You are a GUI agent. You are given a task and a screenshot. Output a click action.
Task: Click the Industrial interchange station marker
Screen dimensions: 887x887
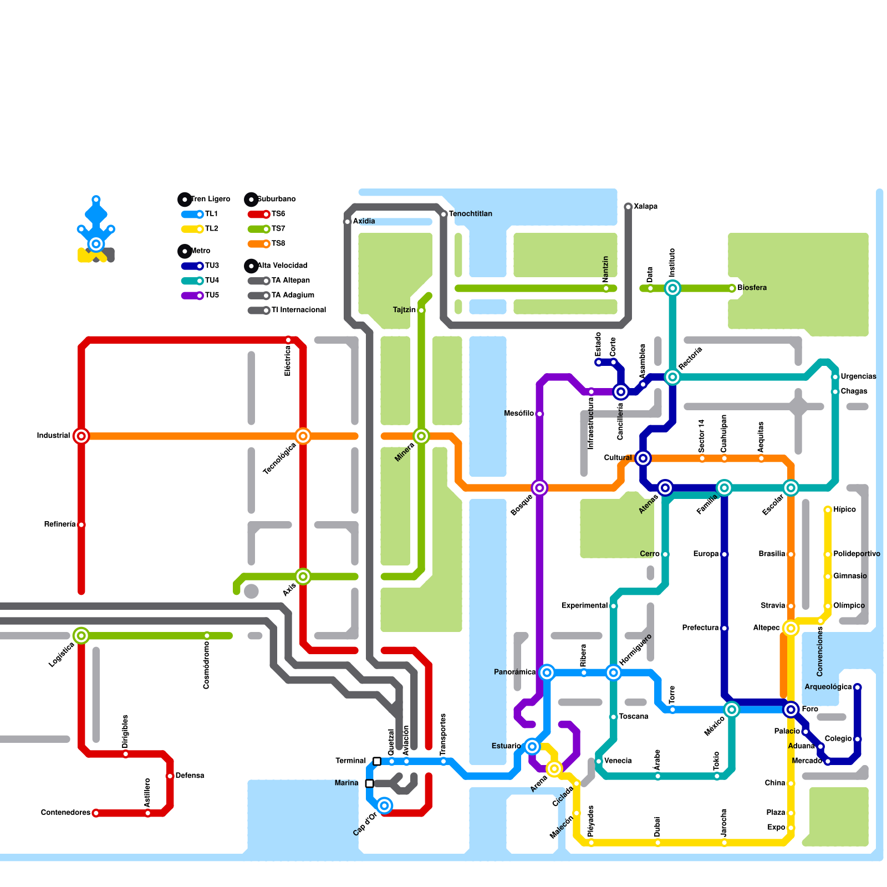pyautogui.click(x=81, y=436)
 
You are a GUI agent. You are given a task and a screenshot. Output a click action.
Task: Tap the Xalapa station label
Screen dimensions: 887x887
pyautogui.click(x=645, y=207)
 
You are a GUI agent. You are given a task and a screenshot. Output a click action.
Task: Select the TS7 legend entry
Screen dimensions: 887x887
pyautogui.click(x=267, y=229)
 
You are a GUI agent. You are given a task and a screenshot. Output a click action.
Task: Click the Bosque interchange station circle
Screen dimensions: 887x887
pyautogui.click(x=539, y=488)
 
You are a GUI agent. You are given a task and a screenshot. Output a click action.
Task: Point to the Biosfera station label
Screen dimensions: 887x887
pyautogui.click(x=752, y=288)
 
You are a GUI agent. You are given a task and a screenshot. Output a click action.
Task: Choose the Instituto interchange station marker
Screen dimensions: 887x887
pyautogui.click(x=672, y=288)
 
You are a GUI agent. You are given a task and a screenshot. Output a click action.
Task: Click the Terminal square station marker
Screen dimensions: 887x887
pyautogui.click(x=377, y=761)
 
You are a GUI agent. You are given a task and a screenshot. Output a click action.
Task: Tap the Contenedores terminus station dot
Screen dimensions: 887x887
pyautogui.click(x=96, y=813)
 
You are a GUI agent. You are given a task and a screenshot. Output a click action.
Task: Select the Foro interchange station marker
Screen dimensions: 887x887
pyautogui.click(x=791, y=710)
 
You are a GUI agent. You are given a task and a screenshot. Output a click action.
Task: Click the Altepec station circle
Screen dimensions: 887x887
pyautogui.click(x=791, y=628)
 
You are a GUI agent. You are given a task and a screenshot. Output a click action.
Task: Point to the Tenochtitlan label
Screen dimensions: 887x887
pyautogui.click(x=470, y=214)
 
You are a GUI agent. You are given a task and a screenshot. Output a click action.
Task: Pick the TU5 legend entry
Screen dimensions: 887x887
pyautogui.click(x=200, y=295)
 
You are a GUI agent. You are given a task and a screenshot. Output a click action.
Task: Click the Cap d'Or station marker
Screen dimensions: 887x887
pyautogui.click(x=385, y=806)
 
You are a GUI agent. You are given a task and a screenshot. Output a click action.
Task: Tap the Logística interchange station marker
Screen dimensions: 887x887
pyautogui.click(x=81, y=636)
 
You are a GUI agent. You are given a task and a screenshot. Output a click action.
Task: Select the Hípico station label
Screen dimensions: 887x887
pyautogui.click(x=844, y=509)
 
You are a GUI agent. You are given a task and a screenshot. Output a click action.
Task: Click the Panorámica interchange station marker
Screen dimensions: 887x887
pyautogui.click(x=547, y=672)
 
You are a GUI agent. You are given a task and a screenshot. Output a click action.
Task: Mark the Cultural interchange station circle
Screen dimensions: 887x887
pyautogui.click(x=643, y=458)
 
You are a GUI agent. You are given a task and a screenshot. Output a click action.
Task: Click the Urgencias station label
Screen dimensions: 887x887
pyautogui.click(x=858, y=376)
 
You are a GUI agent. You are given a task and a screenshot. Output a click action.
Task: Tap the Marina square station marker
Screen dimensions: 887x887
pyautogui.click(x=370, y=783)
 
